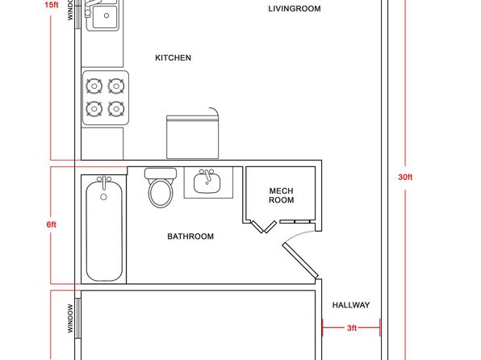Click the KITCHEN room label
pos(173,57)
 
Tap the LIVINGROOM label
pos(295,9)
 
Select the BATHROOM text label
pos(190,237)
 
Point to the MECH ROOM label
pos(282,195)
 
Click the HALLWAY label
pos(351,305)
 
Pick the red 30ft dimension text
pos(405,177)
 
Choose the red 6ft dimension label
pos(51,224)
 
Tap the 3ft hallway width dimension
pos(352,328)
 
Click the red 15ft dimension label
pos(51,5)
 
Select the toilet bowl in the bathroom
pos(161,193)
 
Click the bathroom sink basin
pos(207,183)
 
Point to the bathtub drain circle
pos(103,197)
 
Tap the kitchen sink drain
pos(107,15)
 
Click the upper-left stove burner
pos(94,86)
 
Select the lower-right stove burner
pos(116,109)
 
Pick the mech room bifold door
pos(264,227)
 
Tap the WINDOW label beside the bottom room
pos(70,318)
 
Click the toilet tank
pos(161,174)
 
